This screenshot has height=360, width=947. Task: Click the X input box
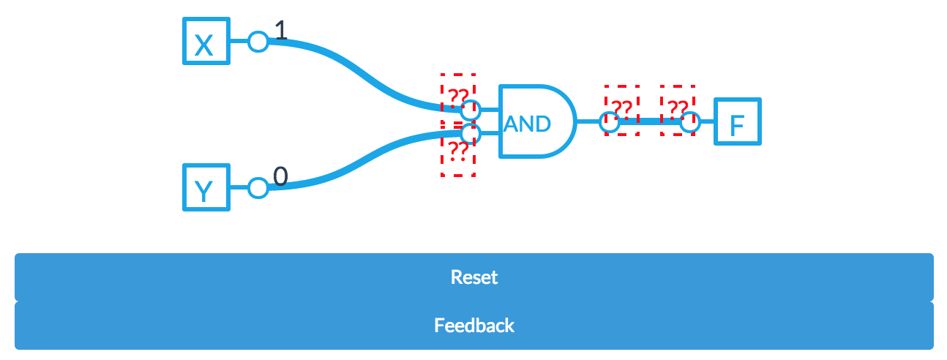pos(206,42)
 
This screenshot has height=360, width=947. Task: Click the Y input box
pos(206,188)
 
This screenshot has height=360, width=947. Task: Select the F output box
pos(738,122)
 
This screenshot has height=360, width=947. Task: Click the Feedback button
pos(473,326)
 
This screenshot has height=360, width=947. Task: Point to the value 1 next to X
pos(281,30)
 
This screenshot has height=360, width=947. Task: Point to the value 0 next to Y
pos(281,176)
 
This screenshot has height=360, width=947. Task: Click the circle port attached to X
pos(258,42)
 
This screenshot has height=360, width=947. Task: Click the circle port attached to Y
pos(258,188)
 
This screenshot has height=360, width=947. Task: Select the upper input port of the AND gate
pos(471,110)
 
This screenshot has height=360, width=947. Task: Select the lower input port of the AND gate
pos(471,134)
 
